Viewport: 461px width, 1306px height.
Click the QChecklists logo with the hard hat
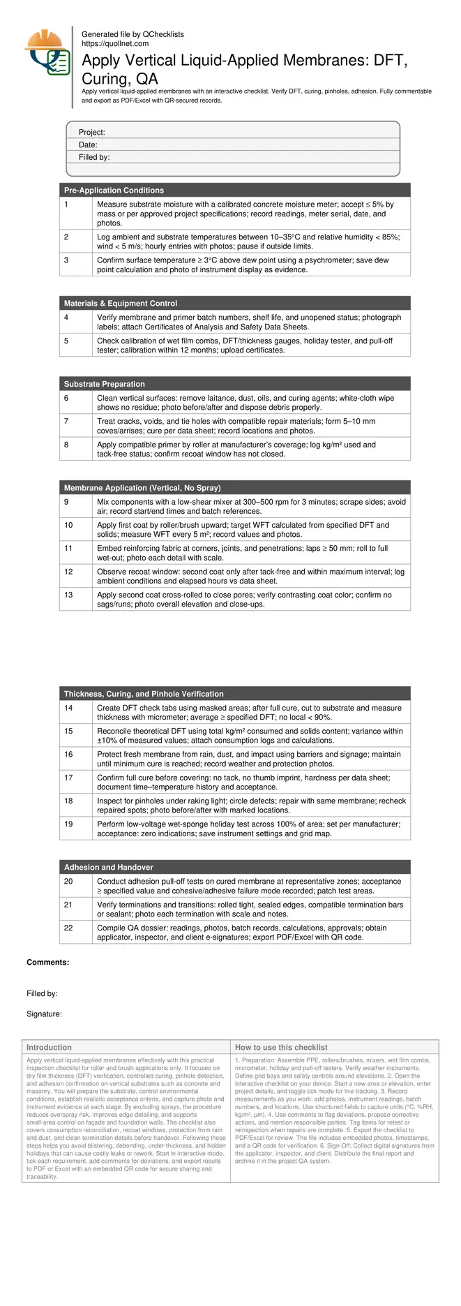click(47, 53)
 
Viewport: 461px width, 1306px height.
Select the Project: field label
click(91, 133)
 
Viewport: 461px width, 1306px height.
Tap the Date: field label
click(88, 145)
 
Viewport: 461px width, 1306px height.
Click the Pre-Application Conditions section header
click(114, 191)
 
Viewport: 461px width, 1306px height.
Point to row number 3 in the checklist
click(66, 260)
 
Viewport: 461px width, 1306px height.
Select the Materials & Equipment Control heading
click(121, 304)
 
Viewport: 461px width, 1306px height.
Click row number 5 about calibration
click(66, 341)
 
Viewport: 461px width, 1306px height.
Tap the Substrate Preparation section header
click(105, 385)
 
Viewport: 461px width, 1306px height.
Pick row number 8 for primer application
click(66, 445)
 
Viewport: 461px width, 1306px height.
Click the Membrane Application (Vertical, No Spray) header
click(142, 488)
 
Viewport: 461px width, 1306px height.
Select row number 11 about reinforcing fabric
click(68, 549)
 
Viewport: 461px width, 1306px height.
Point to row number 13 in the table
click(68, 595)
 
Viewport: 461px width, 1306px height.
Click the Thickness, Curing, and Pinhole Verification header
click(144, 695)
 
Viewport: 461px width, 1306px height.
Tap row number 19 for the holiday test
click(68, 824)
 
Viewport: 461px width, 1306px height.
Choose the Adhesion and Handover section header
click(109, 868)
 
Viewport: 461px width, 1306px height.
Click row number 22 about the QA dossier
click(68, 928)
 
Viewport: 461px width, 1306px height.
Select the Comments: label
click(47, 963)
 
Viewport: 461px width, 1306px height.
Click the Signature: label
click(44, 1014)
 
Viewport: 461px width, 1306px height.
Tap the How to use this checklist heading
click(281, 1048)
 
